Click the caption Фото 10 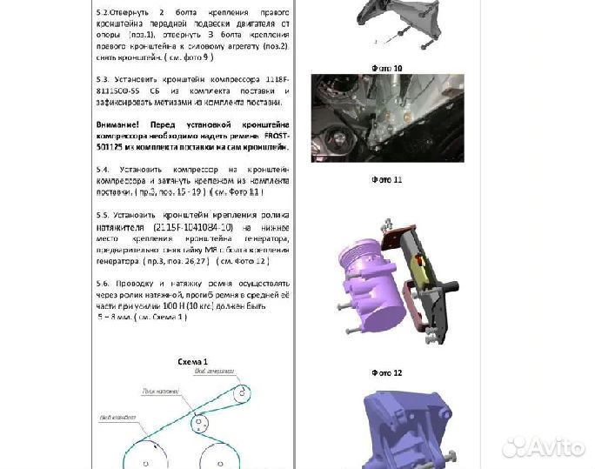(385, 67)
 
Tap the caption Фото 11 (385, 180)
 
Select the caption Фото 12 (385, 372)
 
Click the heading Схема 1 (192, 361)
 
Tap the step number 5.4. (103, 168)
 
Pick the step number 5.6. (103, 284)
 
